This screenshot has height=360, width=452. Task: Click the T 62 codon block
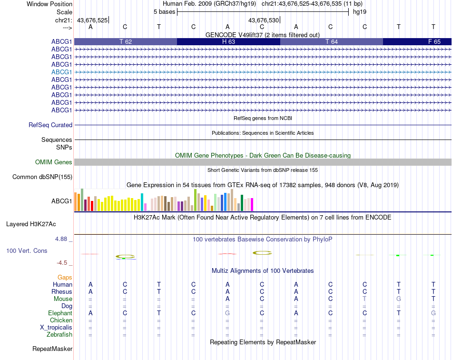point(126,41)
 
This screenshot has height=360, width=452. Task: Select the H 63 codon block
point(228,41)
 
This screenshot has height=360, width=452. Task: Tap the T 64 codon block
point(332,41)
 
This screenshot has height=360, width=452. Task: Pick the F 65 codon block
point(417,41)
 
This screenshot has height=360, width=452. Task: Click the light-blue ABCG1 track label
point(62,72)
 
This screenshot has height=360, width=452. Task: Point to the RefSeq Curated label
point(50,125)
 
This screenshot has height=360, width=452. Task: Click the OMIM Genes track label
point(54,162)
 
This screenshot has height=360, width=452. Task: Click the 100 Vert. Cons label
point(27,250)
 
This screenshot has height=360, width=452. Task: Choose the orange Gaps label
point(65,277)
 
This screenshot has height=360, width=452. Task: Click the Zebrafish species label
point(59,335)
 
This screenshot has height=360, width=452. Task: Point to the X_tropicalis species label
point(56,328)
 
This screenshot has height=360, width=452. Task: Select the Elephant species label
point(60,313)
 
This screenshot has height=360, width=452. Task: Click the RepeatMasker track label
point(52,349)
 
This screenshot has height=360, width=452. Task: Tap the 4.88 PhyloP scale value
point(62,239)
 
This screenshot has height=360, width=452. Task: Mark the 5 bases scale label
point(164,11)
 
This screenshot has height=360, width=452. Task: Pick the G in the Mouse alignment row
point(399,299)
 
